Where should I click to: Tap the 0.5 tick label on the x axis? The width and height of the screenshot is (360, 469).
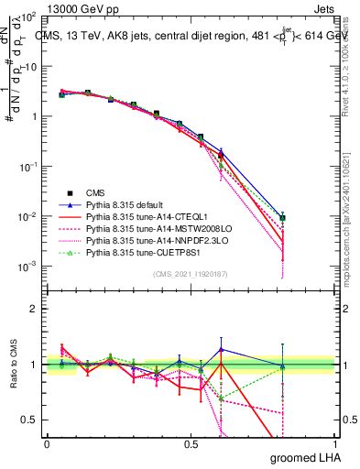[x=191, y=443]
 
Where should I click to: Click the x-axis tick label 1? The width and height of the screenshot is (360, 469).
[x=334, y=443]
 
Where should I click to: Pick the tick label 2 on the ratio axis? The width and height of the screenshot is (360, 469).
[x=35, y=309]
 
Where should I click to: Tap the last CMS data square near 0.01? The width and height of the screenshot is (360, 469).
[x=284, y=218]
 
